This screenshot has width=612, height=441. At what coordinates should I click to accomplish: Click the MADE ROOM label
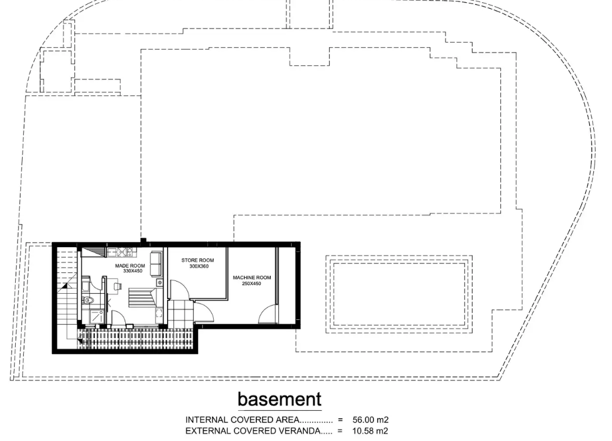[x=130, y=265]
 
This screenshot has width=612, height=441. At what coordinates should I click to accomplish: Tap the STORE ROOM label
[x=197, y=260]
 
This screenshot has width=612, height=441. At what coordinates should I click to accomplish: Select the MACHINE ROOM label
[x=252, y=278]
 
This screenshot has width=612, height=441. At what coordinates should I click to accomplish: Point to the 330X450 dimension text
[x=133, y=271]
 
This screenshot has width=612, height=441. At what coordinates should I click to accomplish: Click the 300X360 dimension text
[x=199, y=266]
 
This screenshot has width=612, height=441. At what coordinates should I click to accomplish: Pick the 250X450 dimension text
[x=252, y=283]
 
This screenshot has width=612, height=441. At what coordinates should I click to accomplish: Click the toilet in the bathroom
[x=88, y=300]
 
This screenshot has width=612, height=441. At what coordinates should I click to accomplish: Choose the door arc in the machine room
[x=267, y=314]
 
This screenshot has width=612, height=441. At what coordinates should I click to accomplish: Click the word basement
[x=280, y=399]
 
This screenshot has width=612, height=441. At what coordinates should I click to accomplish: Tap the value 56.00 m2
[x=370, y=420]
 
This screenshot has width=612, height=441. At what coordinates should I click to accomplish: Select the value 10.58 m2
[x=370, y=431]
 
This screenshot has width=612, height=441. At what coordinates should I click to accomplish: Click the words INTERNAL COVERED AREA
[x=242, y=420]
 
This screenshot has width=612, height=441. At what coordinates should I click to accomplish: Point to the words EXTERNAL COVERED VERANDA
[x=253, y=431]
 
